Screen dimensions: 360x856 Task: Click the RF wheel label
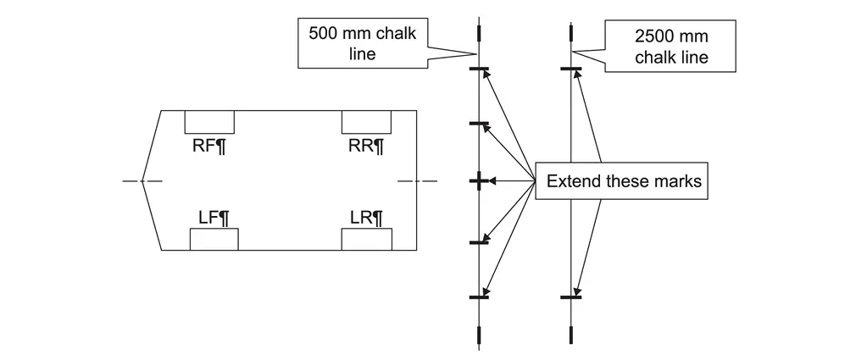209,145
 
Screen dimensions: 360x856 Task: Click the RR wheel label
365,145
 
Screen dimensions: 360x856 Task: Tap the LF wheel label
214,218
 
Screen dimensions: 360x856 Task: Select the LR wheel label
365,218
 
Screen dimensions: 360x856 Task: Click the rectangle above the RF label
209,121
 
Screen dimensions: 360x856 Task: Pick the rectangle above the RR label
365,121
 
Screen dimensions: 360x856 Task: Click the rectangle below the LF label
214,239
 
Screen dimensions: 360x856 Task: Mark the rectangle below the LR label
365,239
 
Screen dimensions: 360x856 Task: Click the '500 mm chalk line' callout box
362,43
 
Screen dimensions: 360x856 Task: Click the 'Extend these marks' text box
623,181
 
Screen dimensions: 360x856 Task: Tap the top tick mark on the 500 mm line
479,69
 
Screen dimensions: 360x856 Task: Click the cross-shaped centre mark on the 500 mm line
479,181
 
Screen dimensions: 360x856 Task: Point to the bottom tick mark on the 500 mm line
479,297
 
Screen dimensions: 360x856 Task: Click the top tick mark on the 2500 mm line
570,69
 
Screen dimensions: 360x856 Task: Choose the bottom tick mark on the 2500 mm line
570,297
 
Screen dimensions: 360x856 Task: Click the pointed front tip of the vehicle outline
142,180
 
